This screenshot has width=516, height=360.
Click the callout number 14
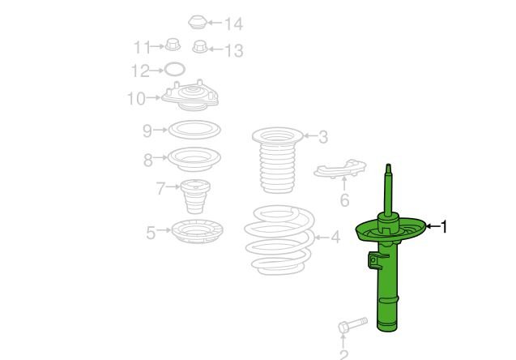[x=233, y=24]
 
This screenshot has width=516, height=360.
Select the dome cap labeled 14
[x=197, y=22]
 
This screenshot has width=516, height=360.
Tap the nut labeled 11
[x=173, y=45]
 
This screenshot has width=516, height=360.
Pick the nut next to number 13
[x=200, y=47]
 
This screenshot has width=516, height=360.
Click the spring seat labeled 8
[x=194, y=159]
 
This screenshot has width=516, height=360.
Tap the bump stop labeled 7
[x=195, y=196]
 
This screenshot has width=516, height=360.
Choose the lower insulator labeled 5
[x=198, y=231]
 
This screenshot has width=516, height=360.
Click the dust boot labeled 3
[x=277, y=161]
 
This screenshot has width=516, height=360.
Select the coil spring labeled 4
[x=279, y=240]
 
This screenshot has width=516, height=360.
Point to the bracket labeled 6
[x=340, y=169]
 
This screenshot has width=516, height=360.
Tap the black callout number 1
[x=444, y=226]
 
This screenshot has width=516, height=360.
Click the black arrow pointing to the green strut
[x=433, y=226]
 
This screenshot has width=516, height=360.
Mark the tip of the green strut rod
[x=389, y=165]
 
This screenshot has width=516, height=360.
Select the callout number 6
[x=344, y=200]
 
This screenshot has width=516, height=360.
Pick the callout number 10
[x=136, y=98]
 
